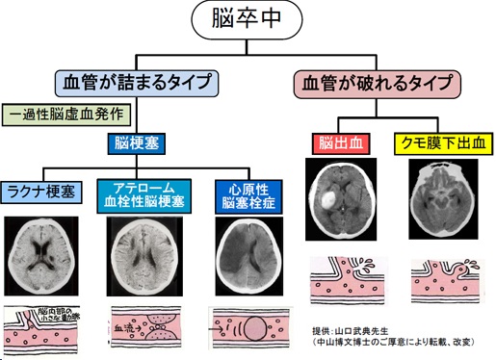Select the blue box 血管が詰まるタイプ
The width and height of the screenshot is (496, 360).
(x=136, y=82)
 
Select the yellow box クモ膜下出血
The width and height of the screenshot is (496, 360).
(x=439, y=143)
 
